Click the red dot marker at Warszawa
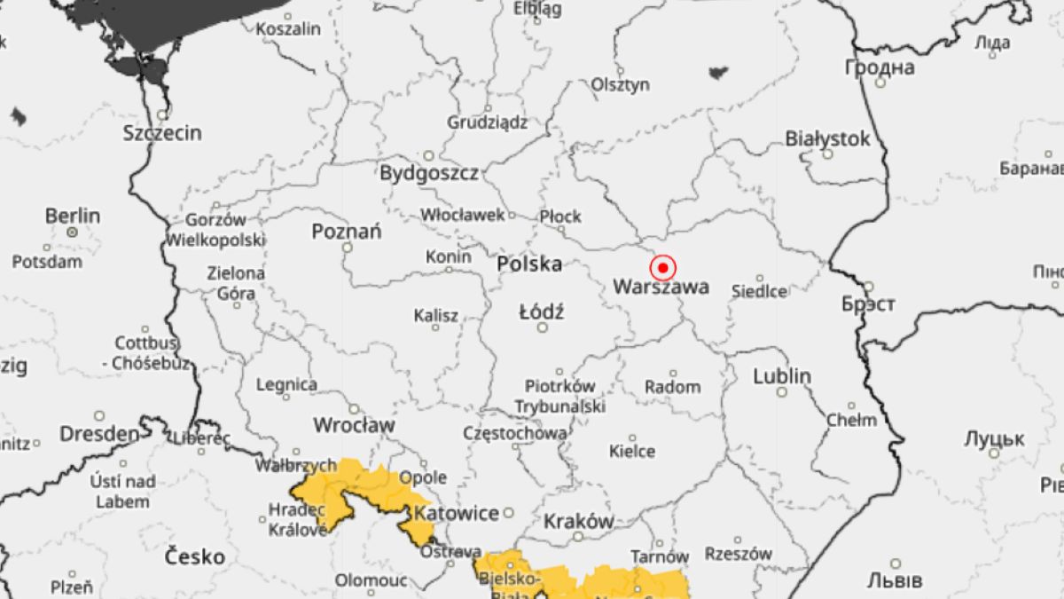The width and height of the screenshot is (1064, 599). click(662, 267)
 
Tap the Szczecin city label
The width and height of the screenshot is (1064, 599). click(162, 133)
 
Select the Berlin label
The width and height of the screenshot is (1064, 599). click(73, 216)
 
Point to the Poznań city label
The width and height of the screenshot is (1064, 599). click(347, 232)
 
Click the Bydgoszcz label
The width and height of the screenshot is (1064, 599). click(429, 172)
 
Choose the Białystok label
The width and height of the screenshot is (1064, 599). click(827, 138)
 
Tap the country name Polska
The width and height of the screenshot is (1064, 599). click(529, 264)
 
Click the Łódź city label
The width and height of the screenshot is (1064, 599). click(542, 311)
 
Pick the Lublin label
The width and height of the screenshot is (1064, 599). click(782, 376)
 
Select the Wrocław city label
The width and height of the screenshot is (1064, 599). click(355, 425)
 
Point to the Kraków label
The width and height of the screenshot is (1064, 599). click(578, 521)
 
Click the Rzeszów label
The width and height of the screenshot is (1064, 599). click(738, 552)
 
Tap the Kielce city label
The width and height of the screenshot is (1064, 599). click(632, 451)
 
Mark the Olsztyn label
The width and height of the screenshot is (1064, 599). click(621, 84)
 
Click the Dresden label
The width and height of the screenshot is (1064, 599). click(99, 434)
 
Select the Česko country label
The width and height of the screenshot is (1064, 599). click(195, 556)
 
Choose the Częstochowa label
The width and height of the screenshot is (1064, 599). click(515, 433)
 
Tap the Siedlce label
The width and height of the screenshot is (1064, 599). click(759, 291)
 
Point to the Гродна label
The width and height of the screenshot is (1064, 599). click(880, 67)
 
